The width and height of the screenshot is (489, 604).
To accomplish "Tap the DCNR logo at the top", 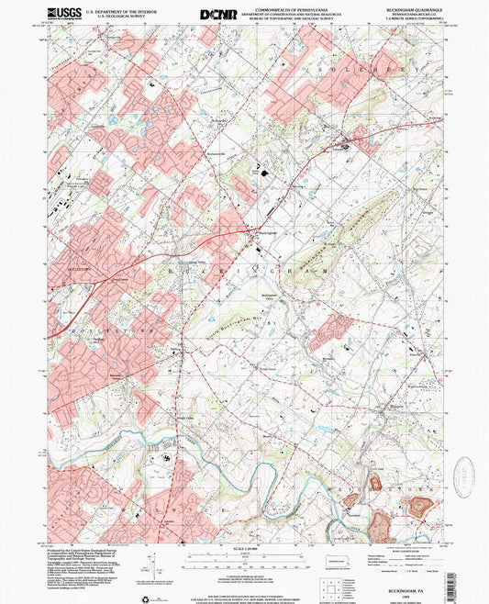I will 217,14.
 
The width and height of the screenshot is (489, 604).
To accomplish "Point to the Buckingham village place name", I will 267,234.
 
